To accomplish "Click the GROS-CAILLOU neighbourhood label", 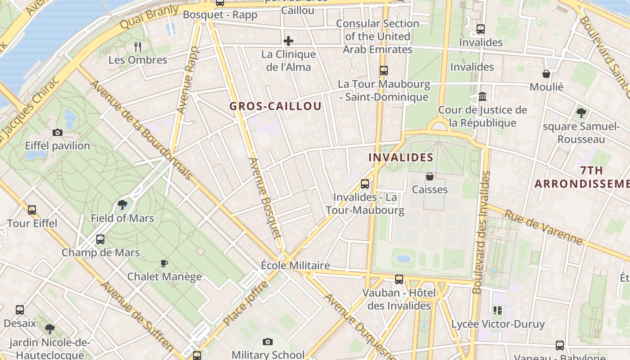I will point(275,106).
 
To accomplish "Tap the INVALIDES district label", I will point(400,157).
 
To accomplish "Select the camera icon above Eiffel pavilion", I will point(58,132).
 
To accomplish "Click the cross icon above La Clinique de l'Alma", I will point(288,41).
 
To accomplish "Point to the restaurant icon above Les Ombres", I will point(138,46).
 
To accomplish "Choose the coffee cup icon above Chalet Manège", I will point(164,263).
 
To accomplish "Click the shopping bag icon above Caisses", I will point(430,176).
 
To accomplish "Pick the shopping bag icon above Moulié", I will point(546,74).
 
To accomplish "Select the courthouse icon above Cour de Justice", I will point(483,96).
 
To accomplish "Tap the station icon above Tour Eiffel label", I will point(32,210).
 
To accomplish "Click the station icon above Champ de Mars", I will point(100,239).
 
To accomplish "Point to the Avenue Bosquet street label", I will point(265,198).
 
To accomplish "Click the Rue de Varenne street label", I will point(543,227).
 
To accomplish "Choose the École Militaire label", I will point(295,265).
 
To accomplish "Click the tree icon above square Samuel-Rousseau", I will point(581,112).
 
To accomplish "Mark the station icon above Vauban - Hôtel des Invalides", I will point(399,279).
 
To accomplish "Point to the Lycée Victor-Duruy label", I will point(498,324).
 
